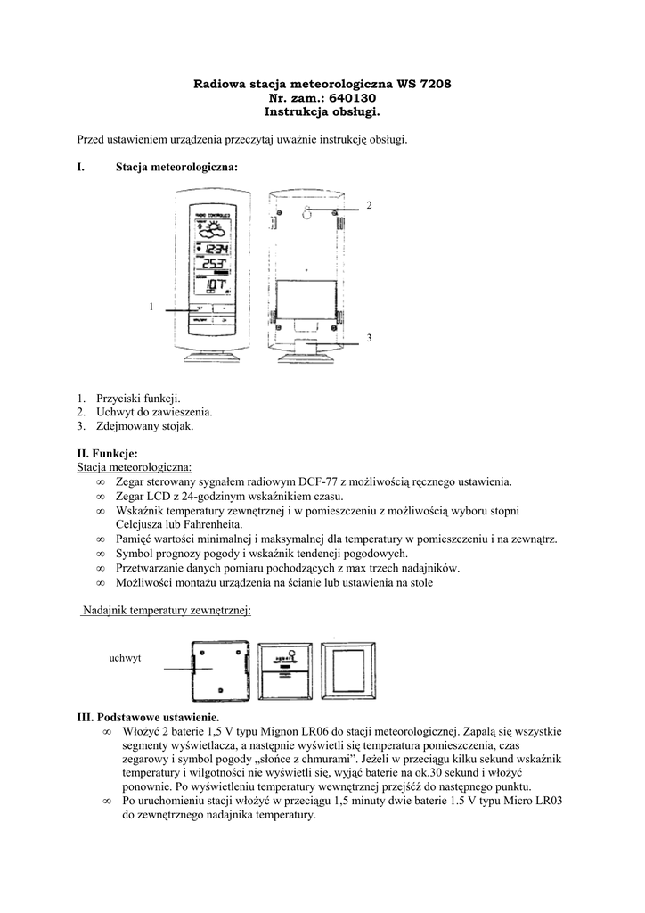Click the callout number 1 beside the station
[151, 307]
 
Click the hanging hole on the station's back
[305, 213]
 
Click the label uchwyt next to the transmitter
[125, 657]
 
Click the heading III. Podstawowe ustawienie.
[147, 717]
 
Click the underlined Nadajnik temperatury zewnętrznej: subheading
[166, 610]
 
